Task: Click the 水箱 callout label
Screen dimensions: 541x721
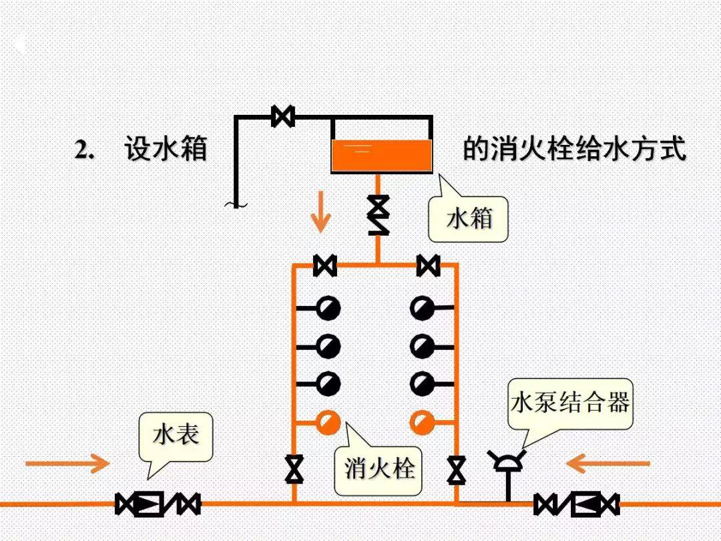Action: [x=469, y=218]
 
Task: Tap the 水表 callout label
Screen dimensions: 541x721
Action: [x=176, y=435]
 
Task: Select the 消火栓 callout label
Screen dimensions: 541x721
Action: [x=379, y=468]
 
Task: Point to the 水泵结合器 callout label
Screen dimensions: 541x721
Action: [x=570, y=403]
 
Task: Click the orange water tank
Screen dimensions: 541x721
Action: [x=381, y=156]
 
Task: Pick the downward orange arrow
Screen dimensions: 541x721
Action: [x=321, y=211]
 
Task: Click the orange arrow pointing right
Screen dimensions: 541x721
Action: [x=67, y=463]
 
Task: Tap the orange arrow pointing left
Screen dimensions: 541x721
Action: [x=608, y=463]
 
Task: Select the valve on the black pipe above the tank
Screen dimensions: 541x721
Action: [x=283, y=116]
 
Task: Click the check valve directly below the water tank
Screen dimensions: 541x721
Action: [x=379, y=214]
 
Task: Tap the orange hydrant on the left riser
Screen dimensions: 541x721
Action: [x=328, y=422]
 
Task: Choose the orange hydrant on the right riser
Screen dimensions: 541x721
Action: [x=422, y=422]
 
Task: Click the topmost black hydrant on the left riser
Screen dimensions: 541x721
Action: [x=328, y=308]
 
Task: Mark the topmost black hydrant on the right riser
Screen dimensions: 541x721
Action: [x=422, y=308]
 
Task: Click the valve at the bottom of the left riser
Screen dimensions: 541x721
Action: [x=294, y=469]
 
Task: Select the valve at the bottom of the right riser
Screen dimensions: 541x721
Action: [x=457, y=469]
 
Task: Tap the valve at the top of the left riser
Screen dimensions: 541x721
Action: [x=325, y=265]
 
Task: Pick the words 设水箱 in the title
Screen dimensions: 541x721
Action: [x=166, y=150]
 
